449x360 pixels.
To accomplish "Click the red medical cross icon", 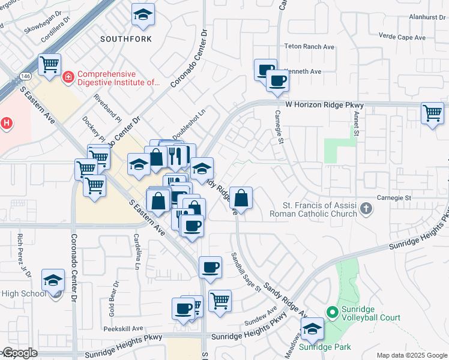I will coord(68,77).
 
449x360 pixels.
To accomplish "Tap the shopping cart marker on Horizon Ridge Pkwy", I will coord(432,113).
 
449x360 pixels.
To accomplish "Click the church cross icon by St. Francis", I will coord(366,209).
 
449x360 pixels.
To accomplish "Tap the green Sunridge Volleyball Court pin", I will coord(331,312).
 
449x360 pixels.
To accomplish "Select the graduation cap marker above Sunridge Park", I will coord(312,329).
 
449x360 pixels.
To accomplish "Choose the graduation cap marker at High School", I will coord(53,281).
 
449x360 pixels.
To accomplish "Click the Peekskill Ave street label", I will coord(122,329).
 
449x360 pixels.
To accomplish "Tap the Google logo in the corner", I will coord(19,353).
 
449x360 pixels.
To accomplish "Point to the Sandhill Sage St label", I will coord(246,272).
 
